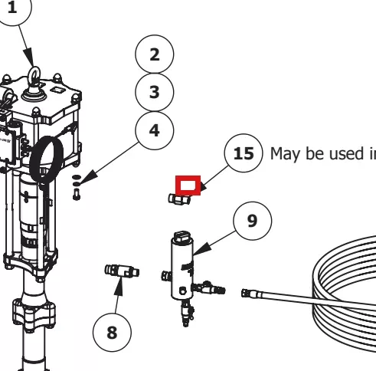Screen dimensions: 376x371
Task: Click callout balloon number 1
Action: point(12,7)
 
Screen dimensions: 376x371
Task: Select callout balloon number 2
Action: point(155,54)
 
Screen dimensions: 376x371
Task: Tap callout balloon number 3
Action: point(155,92)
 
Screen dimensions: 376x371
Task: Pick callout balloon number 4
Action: point(155,130)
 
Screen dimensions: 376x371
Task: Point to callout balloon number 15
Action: point(244,153)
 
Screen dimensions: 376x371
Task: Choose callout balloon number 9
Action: point(253,221)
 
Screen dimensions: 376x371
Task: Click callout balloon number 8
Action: point(112,333)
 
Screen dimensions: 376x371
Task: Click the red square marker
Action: point(188,185)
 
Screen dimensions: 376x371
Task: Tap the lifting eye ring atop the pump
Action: point(34,76)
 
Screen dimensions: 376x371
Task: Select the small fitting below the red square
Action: point(179,199)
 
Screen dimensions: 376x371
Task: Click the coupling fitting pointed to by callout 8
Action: point(122,271)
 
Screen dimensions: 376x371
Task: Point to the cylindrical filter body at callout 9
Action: point(182,266)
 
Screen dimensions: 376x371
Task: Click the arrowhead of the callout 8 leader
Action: point(119,287)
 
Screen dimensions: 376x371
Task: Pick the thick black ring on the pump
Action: point(47,160)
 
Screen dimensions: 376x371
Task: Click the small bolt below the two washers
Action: point(77,195)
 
